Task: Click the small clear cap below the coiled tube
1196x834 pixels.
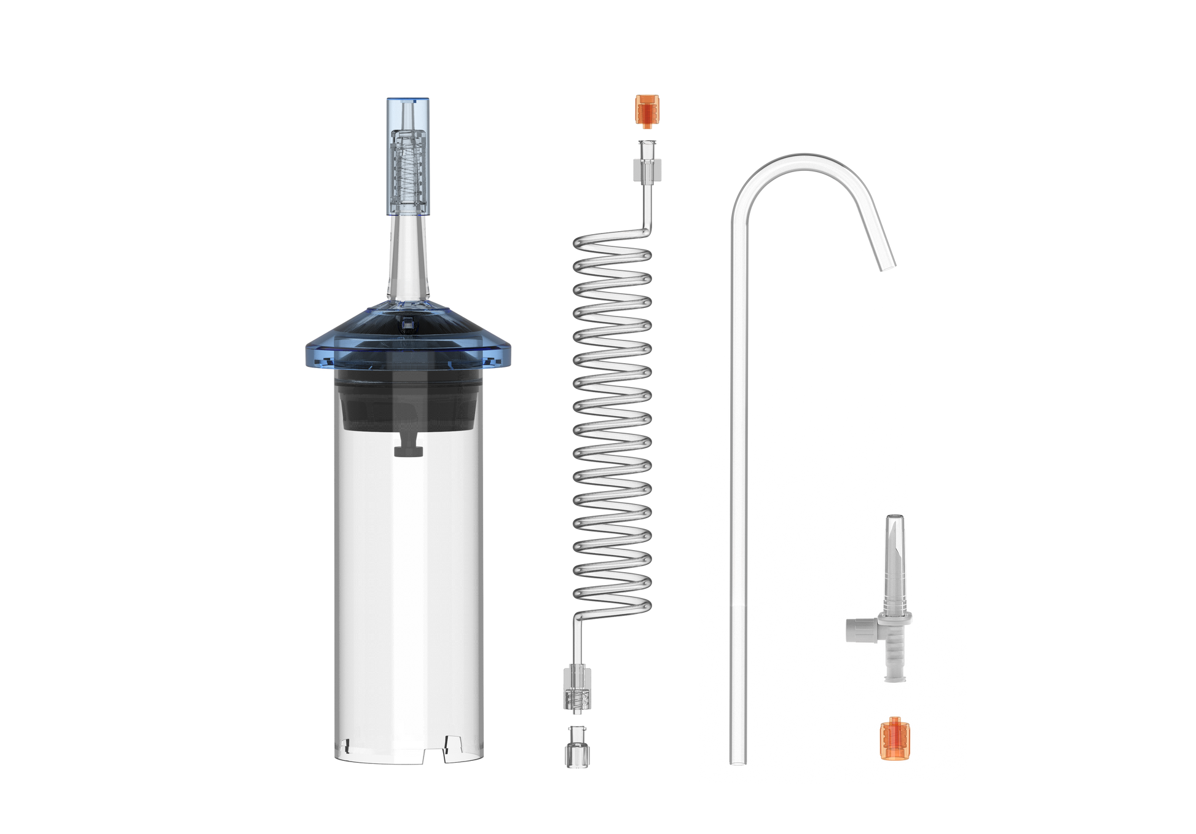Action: tap(573, 747)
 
